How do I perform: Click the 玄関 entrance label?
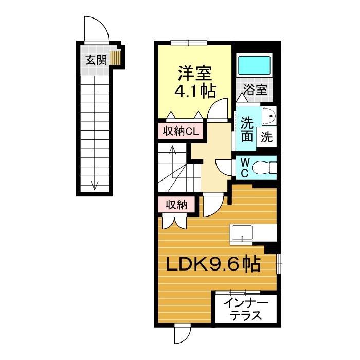(97, 60)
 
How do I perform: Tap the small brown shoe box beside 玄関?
(115, 58)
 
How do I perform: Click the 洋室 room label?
(195, 73)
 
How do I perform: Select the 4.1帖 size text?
(195, 91)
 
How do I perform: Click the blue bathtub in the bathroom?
(254, 65)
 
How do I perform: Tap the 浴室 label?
(256, 90)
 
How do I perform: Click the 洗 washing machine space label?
(266, 137)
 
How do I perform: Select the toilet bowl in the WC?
(264, 168)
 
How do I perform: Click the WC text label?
(244, 168)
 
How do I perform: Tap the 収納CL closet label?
(181, 132)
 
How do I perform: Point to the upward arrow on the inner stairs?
(173, 161)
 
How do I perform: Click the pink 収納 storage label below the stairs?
(176, 205)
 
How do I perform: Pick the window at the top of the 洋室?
(189, 43)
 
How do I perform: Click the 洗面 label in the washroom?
(247, 130)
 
